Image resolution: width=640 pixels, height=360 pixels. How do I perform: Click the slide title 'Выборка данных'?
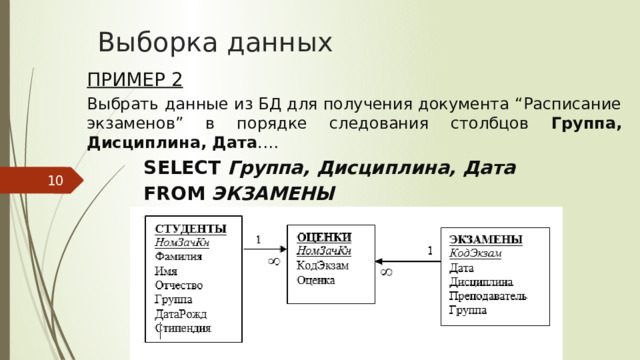click(215, 43)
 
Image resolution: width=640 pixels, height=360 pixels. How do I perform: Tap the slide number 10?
click(55, 181)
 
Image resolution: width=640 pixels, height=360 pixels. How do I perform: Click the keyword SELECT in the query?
click(183, 168)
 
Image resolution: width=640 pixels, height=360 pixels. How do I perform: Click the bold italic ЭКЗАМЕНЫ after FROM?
click(273, 193)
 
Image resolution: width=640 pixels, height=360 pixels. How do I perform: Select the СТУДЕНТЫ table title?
click(190, 228)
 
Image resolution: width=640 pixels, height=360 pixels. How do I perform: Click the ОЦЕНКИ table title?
click(326, 236)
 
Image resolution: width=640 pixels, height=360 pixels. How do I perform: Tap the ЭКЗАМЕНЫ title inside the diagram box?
click(485, 239)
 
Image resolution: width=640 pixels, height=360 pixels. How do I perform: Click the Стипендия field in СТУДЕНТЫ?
click(182, 327)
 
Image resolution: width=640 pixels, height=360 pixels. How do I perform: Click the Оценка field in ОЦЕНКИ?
click(316, 280)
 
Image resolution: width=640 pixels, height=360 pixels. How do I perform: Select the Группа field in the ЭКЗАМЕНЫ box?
click(468, 311)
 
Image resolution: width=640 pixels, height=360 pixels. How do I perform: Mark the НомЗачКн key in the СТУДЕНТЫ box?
click(181, 242)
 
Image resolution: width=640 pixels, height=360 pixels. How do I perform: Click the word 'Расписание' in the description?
click(571, 104)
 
